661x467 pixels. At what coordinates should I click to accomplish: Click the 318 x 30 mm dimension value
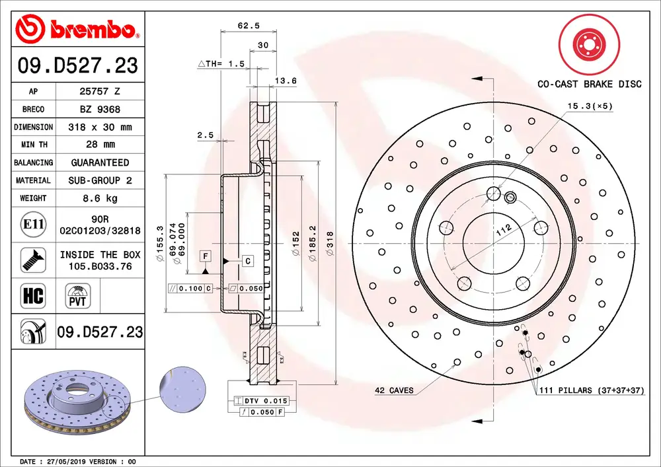(x=100, y=127)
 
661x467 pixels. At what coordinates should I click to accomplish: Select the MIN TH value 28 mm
(x=100, y=144)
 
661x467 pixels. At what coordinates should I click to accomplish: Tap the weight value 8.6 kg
(x=100, y=198)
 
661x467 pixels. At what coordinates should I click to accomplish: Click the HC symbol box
(x=33, y=296)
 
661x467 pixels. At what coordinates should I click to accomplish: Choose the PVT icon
(x=77, y=296)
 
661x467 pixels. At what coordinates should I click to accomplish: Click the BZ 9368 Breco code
(x=100, y=109)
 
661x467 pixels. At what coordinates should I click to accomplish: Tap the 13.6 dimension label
(x=285, y=81)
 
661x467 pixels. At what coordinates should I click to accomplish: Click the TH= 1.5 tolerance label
(x=222, y=64)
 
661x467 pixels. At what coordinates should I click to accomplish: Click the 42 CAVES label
(x=394, y=390)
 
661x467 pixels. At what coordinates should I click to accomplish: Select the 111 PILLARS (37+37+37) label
(x=591, y=390)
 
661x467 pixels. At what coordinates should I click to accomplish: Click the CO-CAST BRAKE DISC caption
(x=589, y=84)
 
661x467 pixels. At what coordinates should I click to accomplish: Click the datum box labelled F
(x=206, y=256)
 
